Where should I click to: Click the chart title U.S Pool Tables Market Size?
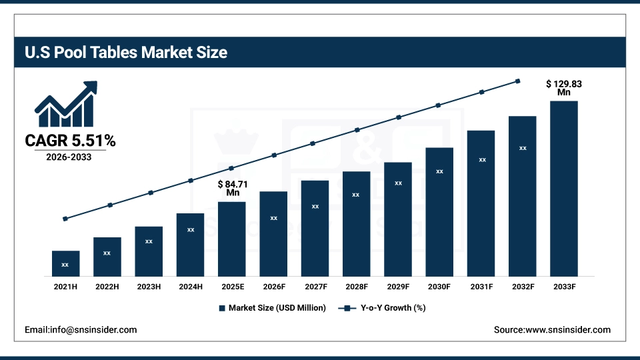pyautogui.click(x=126, y=53)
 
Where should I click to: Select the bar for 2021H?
pyautogui.click(x=65, y=263)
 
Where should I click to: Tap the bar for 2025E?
pyautogui.click(x=232, y=239)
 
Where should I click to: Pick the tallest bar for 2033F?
pyautogui.click(x=563, y=188)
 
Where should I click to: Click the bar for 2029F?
pyautogui.click(x=398, y=219)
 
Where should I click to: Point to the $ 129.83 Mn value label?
pyautogui.click(x=564, y=88)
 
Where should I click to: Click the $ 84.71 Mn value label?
pyautogui.click(x=233, y=188)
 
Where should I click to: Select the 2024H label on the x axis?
pyautogui.click(x=190, y=287)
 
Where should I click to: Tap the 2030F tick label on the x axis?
pyautogui.click(x=439, y=287)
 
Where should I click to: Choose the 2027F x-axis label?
pyautogui.click(x=315, y=287)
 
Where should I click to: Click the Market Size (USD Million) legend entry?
pyautogui.click(x=272, y=308)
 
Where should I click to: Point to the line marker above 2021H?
pyautogui.click(x=65, y=219)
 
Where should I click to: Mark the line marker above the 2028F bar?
pyautogui.click(x=357, y=130)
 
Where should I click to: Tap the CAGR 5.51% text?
pyautogui.click(x=70, y=141)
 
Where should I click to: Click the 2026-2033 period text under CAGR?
pyautogui.click(x=69, y=157)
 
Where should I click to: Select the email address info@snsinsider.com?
pyautogui.click(x=81, y=329)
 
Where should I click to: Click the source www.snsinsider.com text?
pyautogui.click(x=552, y=329)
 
